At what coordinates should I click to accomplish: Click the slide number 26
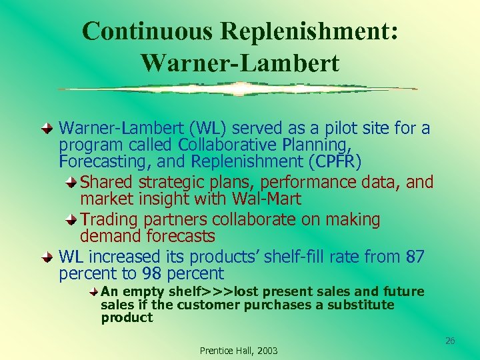(450, 341)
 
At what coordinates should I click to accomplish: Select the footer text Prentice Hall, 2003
(239, 351)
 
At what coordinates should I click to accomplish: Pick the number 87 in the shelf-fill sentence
(415, 256)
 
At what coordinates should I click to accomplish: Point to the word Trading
(106, 219)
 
